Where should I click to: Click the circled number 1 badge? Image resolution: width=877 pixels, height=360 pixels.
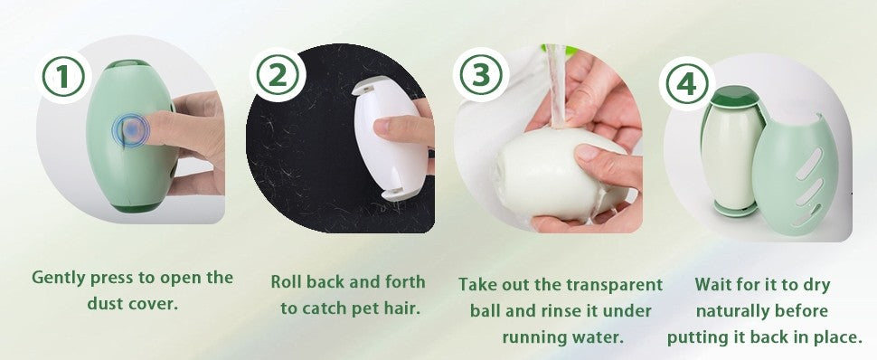[63, 77]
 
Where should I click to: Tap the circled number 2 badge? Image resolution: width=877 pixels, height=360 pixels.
[278, 75]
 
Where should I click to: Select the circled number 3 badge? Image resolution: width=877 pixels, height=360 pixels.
[480, 75]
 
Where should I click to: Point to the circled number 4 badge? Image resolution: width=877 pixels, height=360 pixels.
[686, 84]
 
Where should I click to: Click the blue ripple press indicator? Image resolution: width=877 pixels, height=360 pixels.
[131, 130]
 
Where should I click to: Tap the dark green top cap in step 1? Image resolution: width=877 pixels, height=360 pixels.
[127, 64]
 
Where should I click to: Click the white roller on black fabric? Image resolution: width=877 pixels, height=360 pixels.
[387, 138]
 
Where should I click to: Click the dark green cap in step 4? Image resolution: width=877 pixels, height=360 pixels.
[734, 96]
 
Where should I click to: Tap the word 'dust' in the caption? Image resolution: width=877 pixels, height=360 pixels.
[106, 303]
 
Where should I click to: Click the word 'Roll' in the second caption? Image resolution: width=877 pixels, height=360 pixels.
[285, 281]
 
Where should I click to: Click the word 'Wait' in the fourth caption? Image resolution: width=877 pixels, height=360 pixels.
[713, 284]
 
